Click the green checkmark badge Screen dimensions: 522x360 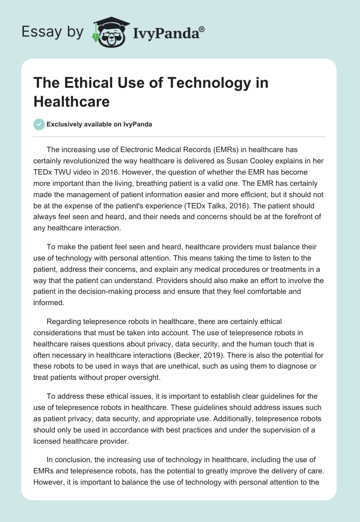coord(39,124)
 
